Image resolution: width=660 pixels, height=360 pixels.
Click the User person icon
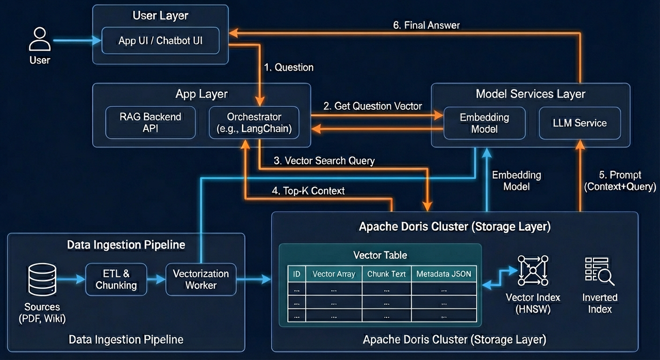point(40,40)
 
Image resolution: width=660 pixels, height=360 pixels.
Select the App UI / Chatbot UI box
point(160,41)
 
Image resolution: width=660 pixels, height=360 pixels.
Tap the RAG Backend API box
point(151,123)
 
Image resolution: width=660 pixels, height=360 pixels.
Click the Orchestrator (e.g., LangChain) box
point(255,123)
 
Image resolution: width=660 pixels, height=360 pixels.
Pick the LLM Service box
point(580,123)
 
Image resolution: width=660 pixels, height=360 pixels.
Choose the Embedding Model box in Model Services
point(484,123)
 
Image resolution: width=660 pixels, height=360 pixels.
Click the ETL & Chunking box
point(116,280)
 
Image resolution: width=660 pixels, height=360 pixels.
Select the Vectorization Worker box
point(201,280)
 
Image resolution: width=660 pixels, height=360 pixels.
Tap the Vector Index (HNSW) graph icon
point(533,270)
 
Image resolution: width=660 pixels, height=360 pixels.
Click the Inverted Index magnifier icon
point(600,271)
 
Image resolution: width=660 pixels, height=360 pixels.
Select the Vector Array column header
point(334,274)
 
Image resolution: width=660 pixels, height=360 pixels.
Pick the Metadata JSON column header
point(443,274)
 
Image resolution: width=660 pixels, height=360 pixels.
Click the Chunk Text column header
point(386,274)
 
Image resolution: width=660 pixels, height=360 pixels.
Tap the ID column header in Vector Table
point(296,274)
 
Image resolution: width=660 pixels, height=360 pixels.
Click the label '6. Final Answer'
point(426,25)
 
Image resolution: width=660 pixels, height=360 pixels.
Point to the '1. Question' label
point(288,68)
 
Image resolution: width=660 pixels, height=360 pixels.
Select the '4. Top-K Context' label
point(308,191)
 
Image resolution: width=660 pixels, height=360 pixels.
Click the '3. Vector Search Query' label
point(324,161)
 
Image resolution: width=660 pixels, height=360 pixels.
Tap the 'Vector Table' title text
point(380,255)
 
